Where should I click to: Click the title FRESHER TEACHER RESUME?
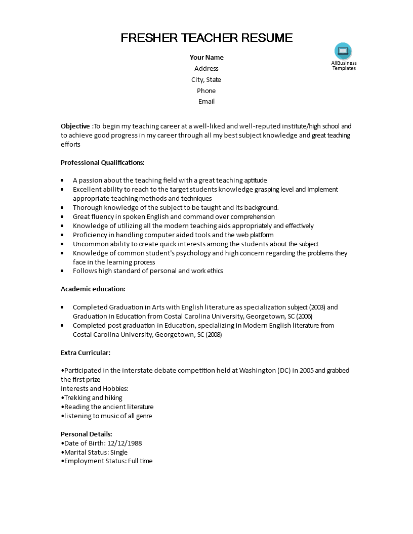206,38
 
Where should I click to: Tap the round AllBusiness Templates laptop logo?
343,51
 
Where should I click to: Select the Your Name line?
206,58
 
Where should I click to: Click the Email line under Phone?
206,102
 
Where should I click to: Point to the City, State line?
206,80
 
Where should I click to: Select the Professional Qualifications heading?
103,163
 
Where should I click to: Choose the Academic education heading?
93,289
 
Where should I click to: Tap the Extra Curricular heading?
86,352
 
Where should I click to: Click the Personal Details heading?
87,434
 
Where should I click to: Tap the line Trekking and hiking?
93,398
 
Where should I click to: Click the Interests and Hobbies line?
95,389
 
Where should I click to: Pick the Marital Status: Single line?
95,452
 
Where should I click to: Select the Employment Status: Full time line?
108,461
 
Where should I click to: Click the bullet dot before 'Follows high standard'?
62,271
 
